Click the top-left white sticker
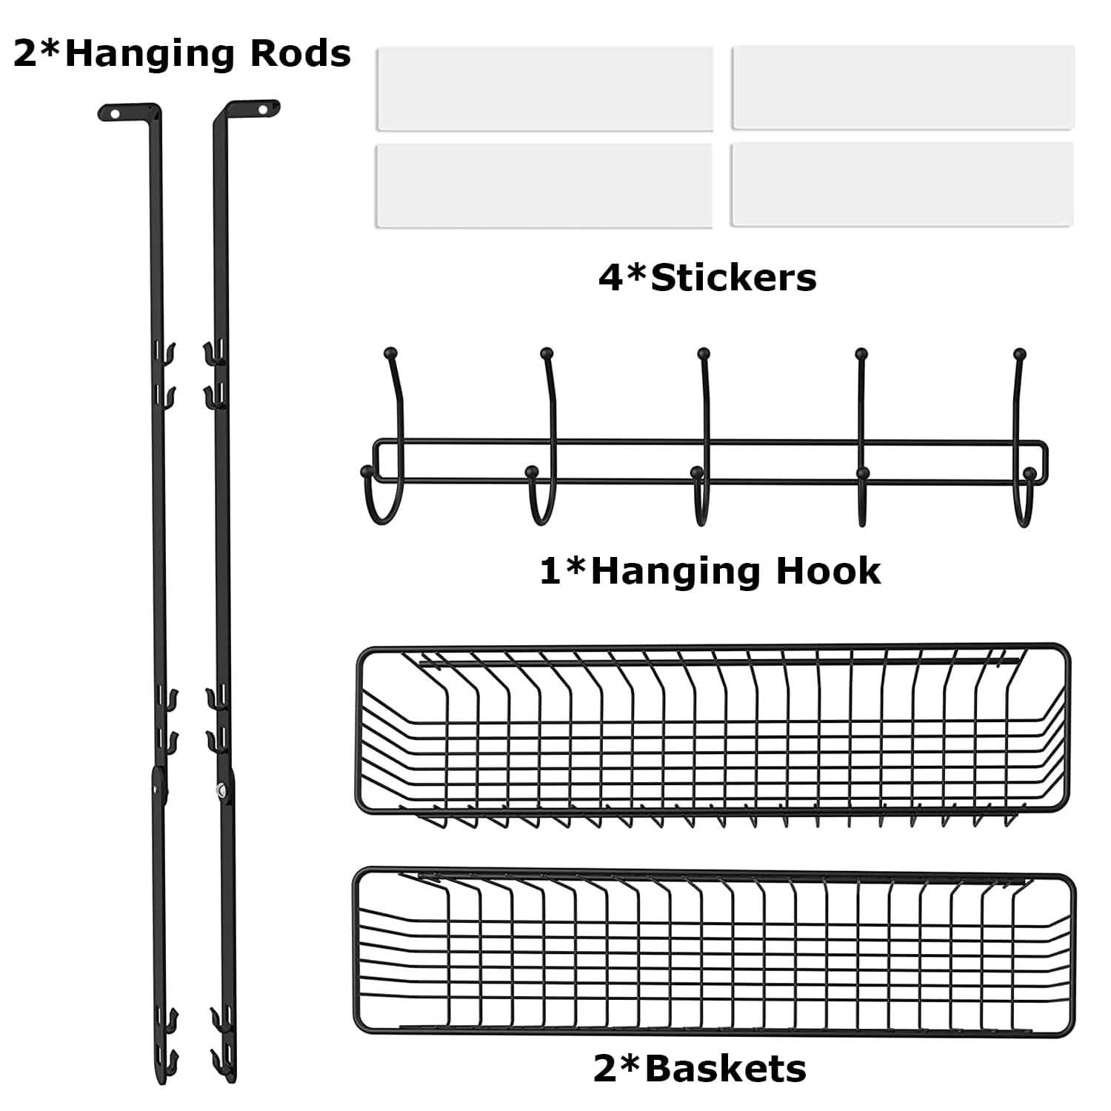click(544, 89)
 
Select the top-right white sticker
click(902, 87)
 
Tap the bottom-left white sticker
click(544, 185)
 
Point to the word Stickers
click(733, 278)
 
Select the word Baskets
click(725, 1069)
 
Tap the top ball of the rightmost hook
click(1020, 353)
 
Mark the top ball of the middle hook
click(704, 353)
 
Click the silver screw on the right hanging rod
click(221, 791)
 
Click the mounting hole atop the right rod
click(262, 109)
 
